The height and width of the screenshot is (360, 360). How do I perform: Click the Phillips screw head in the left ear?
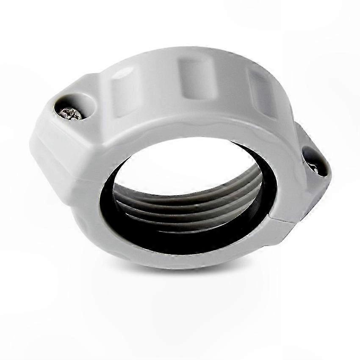pos(71,113)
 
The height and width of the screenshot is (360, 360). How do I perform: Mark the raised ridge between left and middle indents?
pos(161,85)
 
